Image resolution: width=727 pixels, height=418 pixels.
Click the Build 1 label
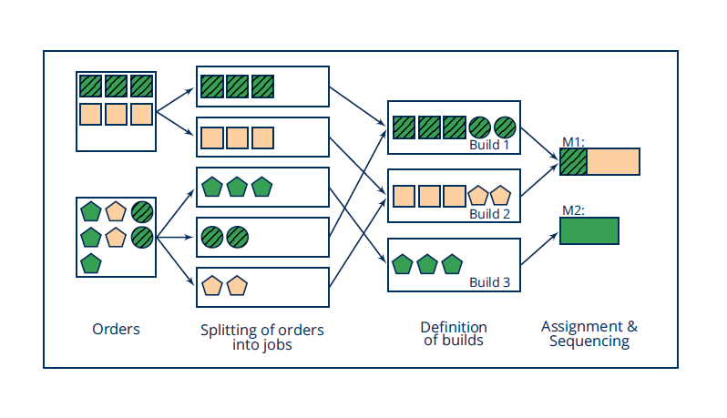click(x=489, y=145)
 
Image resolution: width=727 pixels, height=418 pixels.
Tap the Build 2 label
click(x=489, y=214)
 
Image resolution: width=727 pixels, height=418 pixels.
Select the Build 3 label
click(x=489, y=282)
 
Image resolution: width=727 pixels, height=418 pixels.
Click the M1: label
click(x=573, y=142)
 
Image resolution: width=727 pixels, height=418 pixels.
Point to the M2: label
click(x=573, y=210)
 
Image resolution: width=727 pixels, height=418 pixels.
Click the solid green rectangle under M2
click(x=589, y=230)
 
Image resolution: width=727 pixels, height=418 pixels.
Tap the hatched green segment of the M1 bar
click(x=573, y=162)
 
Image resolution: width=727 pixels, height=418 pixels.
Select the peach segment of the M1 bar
click(x=613, y=162)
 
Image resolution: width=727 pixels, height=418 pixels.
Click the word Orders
click(x=116, y=329)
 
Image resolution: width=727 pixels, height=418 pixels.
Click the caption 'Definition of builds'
click(x=454, y=333)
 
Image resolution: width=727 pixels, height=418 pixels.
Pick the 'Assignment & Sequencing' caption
click(x=589, y=333)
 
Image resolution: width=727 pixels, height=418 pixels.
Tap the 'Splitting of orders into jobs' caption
click(x=262, y=337)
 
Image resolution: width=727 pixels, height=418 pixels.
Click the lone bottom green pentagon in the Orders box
click(x=91, y=263)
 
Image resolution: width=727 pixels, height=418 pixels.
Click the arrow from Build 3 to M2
click(x=538, y=249)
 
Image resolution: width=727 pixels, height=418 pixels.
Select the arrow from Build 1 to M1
click(x=539, y=144)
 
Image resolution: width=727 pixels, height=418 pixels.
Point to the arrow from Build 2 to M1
click(x=539, y=180)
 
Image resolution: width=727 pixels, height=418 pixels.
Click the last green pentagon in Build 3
click(x=452, y=264)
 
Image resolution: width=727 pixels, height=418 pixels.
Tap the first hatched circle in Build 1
click(x=480, y=127)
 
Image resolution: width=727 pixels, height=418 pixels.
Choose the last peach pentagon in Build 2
click(x=501, y=196)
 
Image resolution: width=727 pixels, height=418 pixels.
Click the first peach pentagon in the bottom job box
click(x=212, y=286)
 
